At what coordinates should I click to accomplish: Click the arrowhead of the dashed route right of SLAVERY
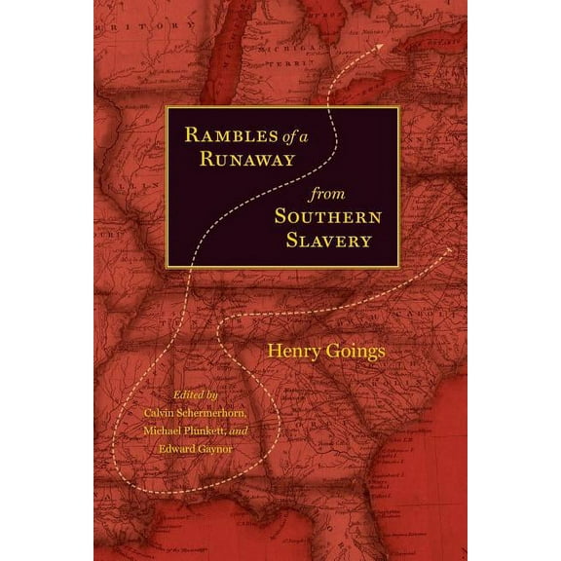[449, 250]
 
